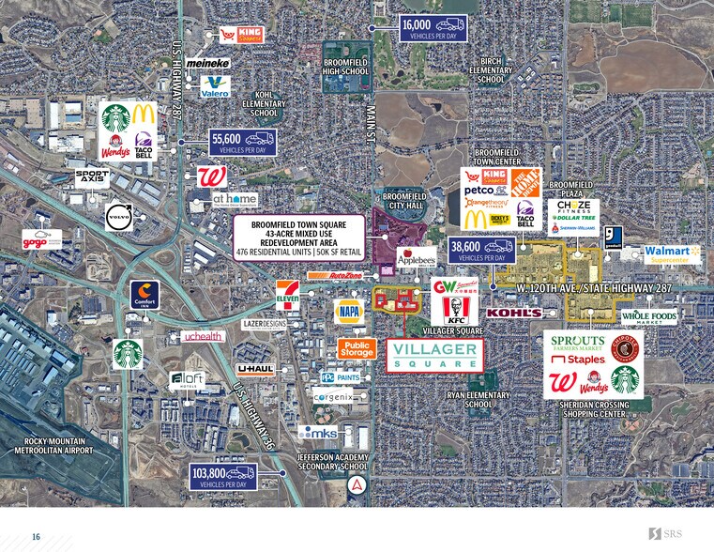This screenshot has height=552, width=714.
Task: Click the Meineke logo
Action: [x=207, y=63]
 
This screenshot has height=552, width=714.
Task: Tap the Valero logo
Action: [x=215, y=86]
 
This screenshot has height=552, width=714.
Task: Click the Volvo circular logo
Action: [x=119, y=217]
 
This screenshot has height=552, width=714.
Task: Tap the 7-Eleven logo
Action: [x=288, y=295]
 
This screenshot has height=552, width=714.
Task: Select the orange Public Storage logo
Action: [x=357, y=349]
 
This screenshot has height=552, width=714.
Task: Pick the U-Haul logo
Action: [x=254, y=370]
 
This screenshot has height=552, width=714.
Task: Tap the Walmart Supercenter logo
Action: [x=672, y=254]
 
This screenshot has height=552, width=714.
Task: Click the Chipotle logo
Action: [x=625, y=347]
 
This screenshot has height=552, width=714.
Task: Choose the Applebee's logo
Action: [x=416, y=257]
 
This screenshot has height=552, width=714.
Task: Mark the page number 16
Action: [x=36, y=536]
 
